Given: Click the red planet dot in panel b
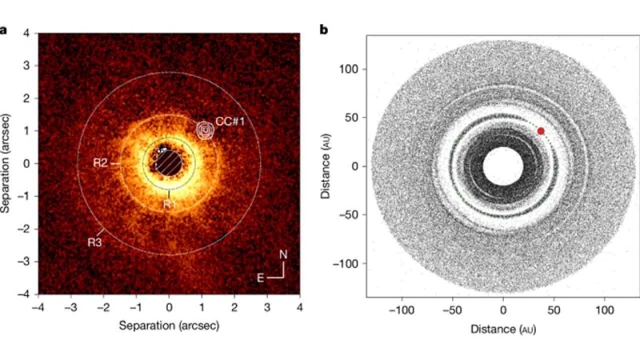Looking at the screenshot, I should (541, 130).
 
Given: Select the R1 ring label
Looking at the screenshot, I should (169, 204).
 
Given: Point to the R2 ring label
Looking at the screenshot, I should (100, 163).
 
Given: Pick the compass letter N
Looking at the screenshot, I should (282, 255).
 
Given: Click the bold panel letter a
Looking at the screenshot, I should (6, 31).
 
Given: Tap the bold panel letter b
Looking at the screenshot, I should (324, 30).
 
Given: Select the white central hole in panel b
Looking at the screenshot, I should (503, 166).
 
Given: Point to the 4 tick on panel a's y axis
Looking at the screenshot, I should (26, 33).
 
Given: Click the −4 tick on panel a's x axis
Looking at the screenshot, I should (38, 306).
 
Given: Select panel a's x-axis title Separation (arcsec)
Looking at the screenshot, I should (168, 326).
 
